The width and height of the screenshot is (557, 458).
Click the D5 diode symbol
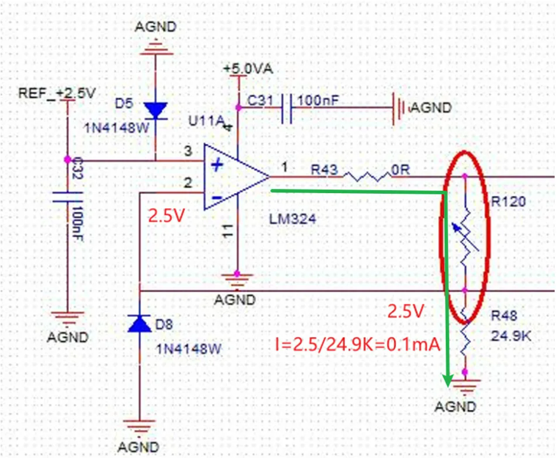click(155, 109)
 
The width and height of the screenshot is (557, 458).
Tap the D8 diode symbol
click(139, 323)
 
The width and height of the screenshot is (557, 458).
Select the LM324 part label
click(292, 220)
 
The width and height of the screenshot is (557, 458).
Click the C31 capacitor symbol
click(286, 108)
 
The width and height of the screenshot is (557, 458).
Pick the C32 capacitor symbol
click(67, 197)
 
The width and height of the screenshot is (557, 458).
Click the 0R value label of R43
click(400, 170)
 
